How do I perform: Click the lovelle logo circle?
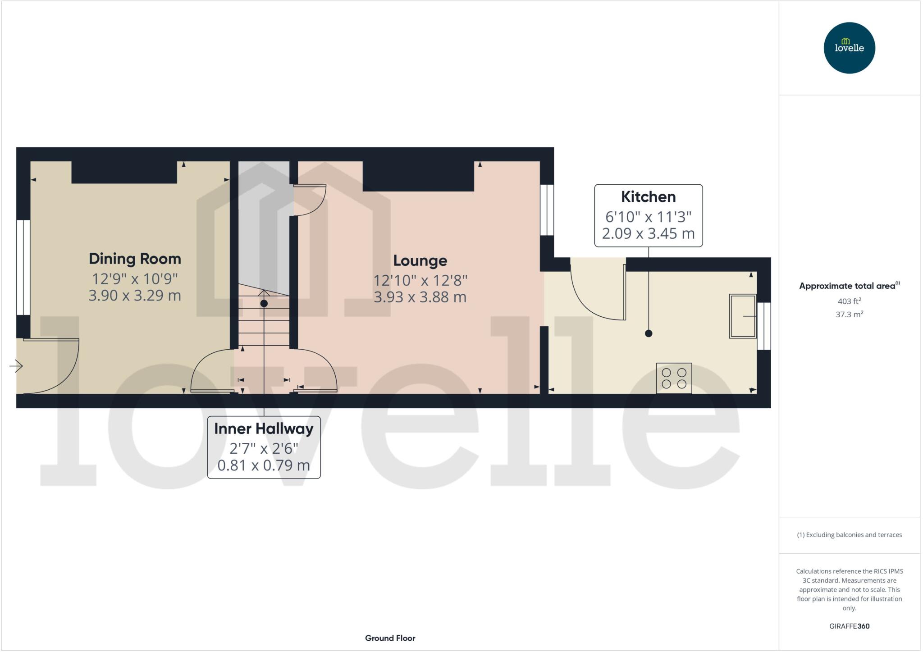(849, 48)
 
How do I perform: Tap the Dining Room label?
(135, 259)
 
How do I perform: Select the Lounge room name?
(420, 260)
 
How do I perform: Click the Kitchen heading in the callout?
(648, 197)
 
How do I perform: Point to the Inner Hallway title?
(264, 429)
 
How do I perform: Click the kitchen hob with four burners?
(674, 378)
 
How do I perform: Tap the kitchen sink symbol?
(743, 316)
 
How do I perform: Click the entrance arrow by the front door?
(16, 366)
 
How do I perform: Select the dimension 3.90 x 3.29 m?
(135, 296)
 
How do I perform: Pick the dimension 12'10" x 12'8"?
(420, 280)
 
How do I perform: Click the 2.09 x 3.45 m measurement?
(648, 233)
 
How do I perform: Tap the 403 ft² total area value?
(849, 301)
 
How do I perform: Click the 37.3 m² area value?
(849, 314)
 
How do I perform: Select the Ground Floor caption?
(390, 638)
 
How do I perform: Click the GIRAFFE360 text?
(849, 626)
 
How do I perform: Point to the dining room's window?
(23, 267)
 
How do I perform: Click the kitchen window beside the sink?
(764, 326)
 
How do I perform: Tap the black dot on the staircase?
(264, 304)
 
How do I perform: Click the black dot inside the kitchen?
(649, 333)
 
